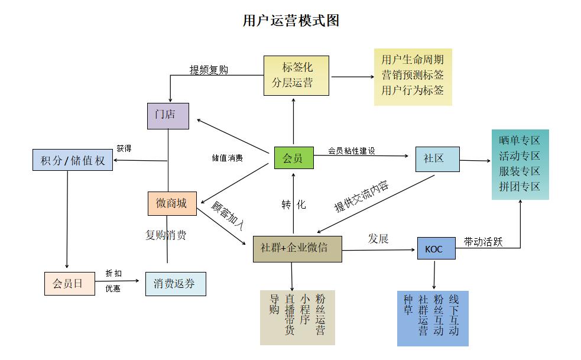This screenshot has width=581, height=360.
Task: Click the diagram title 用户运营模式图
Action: click(291, 21)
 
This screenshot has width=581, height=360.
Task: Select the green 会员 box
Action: click(294, 158)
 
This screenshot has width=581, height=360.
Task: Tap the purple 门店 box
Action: click(168, 116)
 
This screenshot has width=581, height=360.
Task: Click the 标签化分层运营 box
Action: click(296, 75)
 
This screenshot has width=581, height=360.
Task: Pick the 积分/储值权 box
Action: click(73, 160)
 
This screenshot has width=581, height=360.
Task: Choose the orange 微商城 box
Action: click(171, 203)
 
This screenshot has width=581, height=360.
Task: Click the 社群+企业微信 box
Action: click(297, 248)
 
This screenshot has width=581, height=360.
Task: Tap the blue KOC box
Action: click(436, 248)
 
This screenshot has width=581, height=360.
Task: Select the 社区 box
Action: click(437, 159)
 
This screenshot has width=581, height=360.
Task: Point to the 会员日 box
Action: click(69, 283)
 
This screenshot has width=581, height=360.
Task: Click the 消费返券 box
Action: click(176, 284)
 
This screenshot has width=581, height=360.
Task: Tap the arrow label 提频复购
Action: click(209, 70)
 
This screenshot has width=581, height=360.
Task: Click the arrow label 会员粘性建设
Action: click(352, 151)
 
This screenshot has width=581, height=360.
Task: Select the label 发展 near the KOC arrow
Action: click(378, 239)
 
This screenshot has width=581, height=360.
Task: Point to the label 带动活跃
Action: click(483, 241)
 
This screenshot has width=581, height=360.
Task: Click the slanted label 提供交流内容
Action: click(362, 196)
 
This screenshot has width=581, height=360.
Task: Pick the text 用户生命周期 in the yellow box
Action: click(413, 60)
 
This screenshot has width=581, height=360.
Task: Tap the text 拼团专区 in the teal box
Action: click(520, 187)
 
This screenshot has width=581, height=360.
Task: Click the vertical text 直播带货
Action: click(290, 314)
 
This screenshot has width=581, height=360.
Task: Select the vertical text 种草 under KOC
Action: click(408, 304)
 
